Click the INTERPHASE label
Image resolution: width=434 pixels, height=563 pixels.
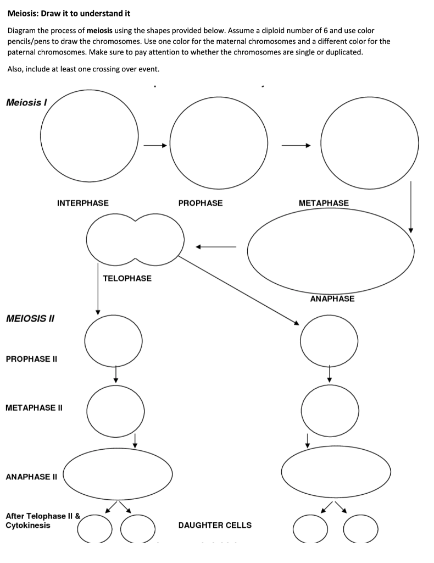coord(82,203)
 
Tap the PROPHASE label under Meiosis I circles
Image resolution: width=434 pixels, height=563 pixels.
coord(201,203)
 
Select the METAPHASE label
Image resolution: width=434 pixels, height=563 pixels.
coord(324,203)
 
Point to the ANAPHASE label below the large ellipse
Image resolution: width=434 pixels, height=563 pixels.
coord(332,299)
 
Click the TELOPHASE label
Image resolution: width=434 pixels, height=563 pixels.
coord(127,278)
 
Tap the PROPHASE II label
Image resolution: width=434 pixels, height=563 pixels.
coord(31,359)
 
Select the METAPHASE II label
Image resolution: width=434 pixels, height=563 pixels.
coord(34,407)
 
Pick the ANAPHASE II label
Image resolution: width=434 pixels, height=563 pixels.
coord(32,477)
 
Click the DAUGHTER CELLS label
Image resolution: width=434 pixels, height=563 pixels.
coord(215,525)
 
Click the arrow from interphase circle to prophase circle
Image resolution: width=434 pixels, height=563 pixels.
coord(154,146)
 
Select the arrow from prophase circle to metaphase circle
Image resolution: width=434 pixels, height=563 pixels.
coord(297,146)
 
